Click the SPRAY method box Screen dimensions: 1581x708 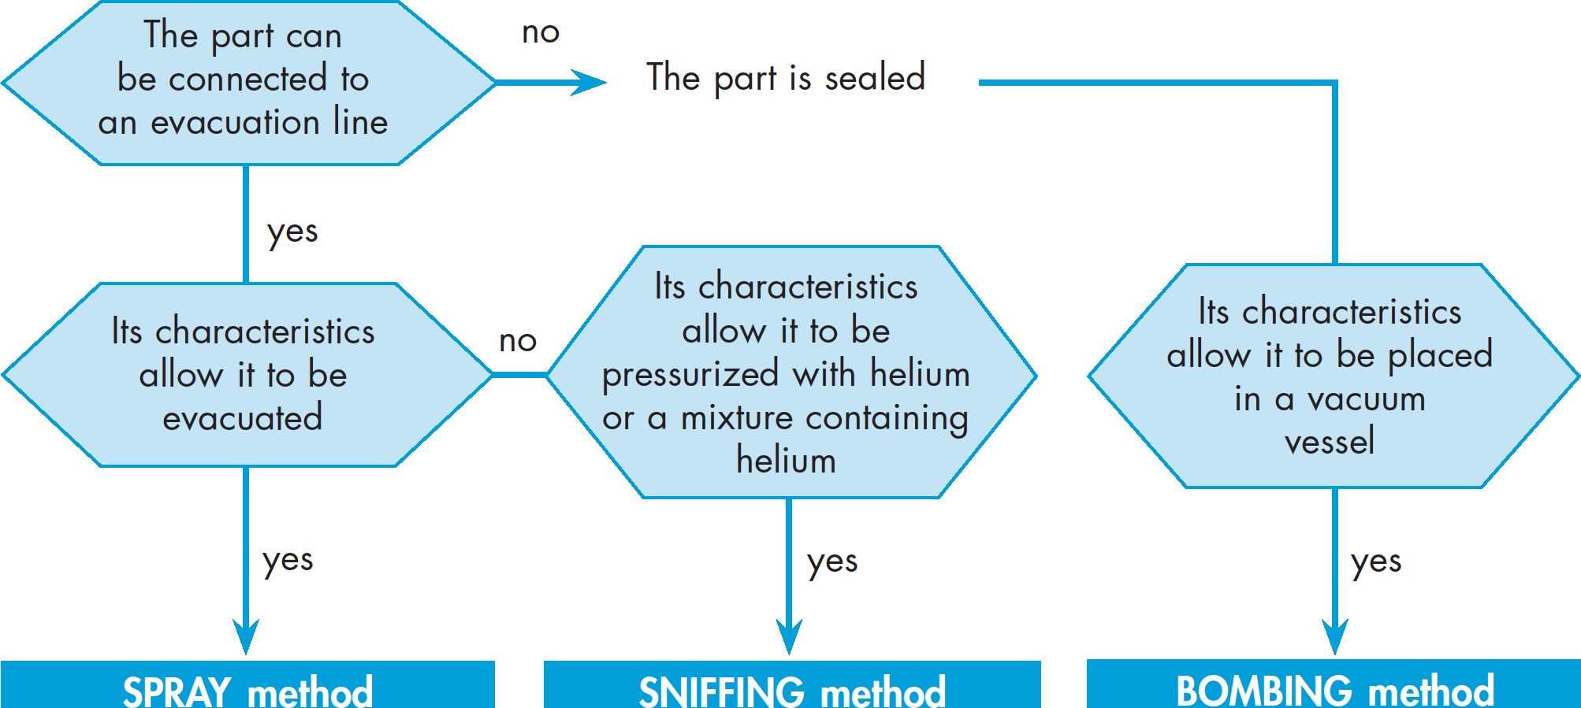pyautogui.click(x=247, y=684)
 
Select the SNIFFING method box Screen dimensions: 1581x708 pyautogui.click(x=792, y=684)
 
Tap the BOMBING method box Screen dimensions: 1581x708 pyautogui.click(x=1334, y=684)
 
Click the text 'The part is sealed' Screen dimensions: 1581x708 pyautogui.click(x=786, y=78)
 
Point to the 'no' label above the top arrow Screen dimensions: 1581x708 pyautogui.click(x=541, y=33)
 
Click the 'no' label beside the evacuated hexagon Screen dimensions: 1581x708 pyautogui.click(x=518, y=341)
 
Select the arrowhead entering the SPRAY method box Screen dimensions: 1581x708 pyautogui.click(x=246, y=636)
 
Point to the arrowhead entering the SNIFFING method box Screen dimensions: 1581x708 pyautogui.click(x=789, y=636)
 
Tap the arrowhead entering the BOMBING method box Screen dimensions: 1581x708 pyautogui.click(x=1334, y=636)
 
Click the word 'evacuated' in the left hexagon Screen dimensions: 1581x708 pyautogui.click(x=243, y=418)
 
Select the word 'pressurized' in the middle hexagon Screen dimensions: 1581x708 pyautogui.click(x=690, y=375)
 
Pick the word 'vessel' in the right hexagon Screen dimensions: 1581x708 pyautogui.click(x=1330, y=442)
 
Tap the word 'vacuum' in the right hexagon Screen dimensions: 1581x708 pyautogui.click(x=1367, y=400)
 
